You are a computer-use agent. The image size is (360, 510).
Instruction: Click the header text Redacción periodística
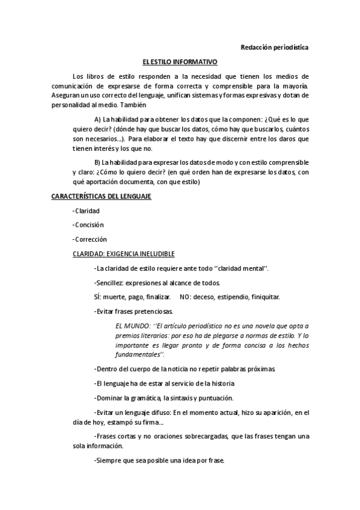pos(274,48)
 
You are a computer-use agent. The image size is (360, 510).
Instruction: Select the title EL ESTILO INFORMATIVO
pos(180,62)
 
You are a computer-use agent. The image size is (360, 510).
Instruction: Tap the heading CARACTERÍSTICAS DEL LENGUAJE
pos(101,197)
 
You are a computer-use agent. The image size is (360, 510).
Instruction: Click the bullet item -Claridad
pos(85,210)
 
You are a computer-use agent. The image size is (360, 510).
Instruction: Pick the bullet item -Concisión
pos(88,225)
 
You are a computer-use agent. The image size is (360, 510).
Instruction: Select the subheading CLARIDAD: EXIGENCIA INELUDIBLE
pos(123,254)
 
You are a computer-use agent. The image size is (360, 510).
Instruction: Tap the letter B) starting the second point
pos(98,163)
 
